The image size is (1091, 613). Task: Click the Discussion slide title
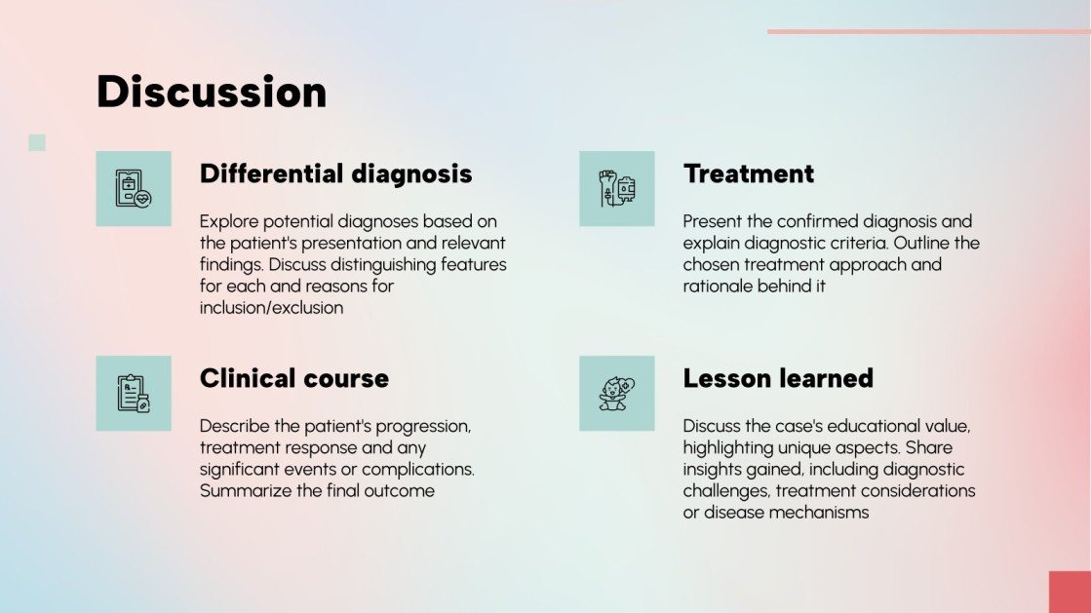(212, 92)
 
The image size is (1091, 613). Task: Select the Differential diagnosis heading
(335, 174)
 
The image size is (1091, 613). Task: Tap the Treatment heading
(748, 174)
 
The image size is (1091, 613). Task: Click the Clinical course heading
(293, 378)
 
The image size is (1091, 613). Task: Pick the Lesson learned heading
(777, 378)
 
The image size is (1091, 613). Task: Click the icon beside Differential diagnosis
(134, 189)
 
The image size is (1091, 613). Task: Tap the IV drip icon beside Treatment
(616, 189)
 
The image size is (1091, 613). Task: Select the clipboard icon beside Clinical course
(134, 393)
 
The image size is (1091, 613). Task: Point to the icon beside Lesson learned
(616, 393)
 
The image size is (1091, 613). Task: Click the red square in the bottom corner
(1070, 592)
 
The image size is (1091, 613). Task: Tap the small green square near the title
(37, 142)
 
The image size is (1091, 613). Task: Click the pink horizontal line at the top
(927, 31)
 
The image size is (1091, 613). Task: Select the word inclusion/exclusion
(271, 308)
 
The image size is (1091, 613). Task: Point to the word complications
(417, 470)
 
